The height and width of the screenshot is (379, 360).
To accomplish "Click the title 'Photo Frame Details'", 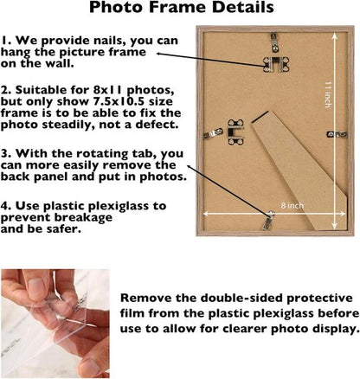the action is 182,7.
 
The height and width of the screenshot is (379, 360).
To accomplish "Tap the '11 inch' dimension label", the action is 328,94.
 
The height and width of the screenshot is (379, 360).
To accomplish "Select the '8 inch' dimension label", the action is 292,206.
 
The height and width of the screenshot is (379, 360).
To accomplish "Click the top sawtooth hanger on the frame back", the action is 276,64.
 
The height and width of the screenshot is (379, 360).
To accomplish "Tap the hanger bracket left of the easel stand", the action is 235,132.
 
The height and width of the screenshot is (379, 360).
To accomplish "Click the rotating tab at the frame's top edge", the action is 274,42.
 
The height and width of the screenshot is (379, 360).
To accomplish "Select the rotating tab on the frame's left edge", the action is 213,133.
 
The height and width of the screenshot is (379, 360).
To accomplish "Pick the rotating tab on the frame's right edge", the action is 337,134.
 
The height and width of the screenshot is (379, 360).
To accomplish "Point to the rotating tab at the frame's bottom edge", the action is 268,221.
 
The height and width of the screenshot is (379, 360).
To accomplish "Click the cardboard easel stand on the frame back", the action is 299,170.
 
